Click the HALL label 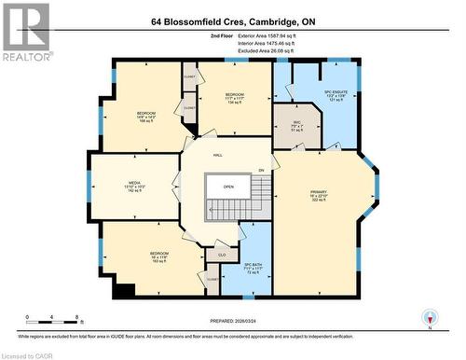coord(217,156)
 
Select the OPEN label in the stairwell coord(227,186)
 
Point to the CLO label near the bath coord(222,254)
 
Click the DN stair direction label coord(262,171)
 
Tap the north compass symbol coord(428,316)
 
